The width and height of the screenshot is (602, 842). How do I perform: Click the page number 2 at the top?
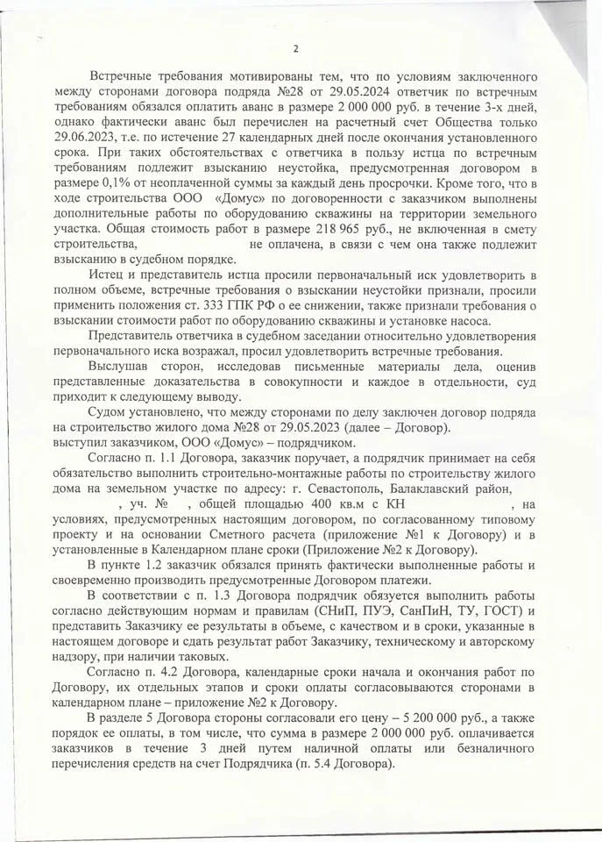tap(295, 48)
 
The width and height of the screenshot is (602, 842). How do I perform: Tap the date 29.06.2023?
tap(92, 139)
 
